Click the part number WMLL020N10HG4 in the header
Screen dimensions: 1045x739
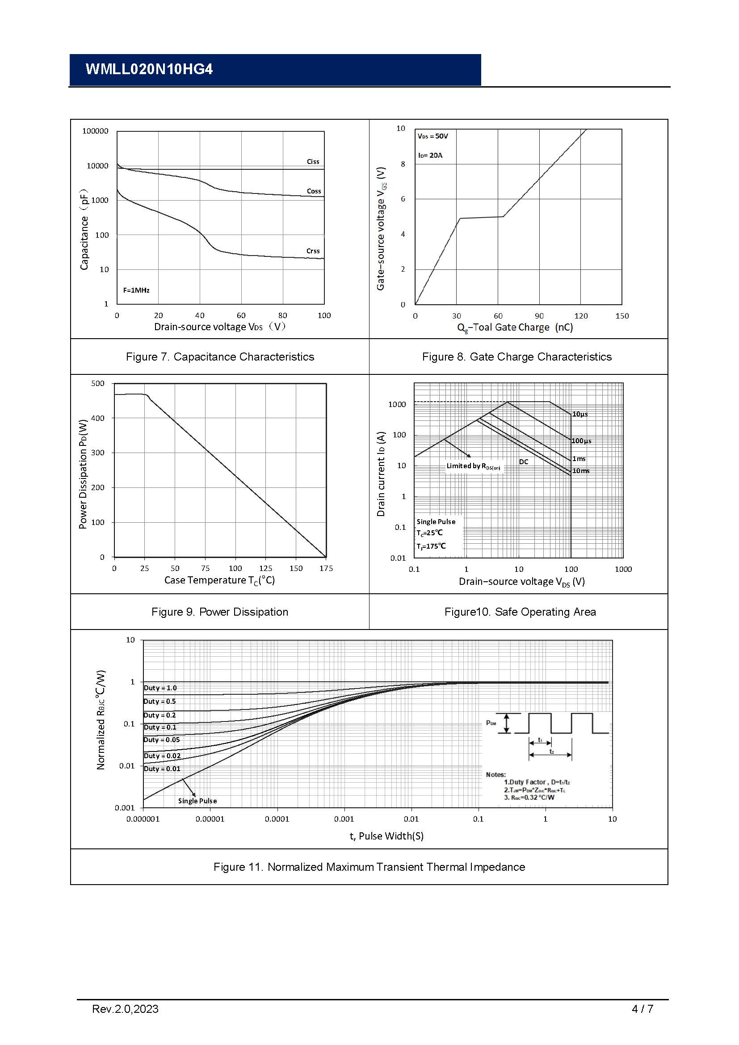point(149,69)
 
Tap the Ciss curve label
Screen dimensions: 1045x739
point(313,162)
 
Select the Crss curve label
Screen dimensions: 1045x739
point(313,251)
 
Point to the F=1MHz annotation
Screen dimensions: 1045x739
point(136,290)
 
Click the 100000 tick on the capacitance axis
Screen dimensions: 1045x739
point(95,131)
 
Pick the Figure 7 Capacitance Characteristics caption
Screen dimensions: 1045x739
point(220,357)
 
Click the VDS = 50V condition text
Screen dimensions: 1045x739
point(433,136)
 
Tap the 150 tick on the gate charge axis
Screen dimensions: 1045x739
point(621,316)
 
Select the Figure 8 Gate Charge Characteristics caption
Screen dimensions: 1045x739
point(516,357)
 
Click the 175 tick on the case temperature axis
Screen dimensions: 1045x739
point(326,568)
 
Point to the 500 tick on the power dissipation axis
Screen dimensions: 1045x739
point(98,383)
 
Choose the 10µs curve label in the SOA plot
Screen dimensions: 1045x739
point(580,414)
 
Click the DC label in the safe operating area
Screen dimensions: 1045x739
point(524,462)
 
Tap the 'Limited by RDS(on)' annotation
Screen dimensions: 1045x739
point(473,466)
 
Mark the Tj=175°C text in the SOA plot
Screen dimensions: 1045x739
point(431,546)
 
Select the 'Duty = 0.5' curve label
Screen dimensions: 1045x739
point(160,701)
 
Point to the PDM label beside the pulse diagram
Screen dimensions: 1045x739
point(491,723)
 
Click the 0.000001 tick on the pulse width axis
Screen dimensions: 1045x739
point(143,819)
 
